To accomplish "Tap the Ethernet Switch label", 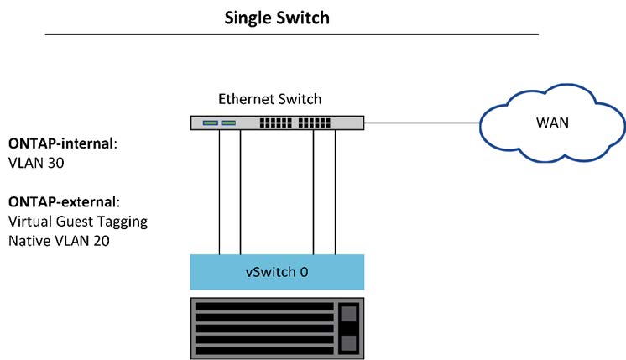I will coord(269,99).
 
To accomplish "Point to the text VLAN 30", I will coord(35,164).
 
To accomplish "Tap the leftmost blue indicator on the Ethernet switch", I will coord(209,123).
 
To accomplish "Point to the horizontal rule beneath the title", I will coord(291,34).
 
